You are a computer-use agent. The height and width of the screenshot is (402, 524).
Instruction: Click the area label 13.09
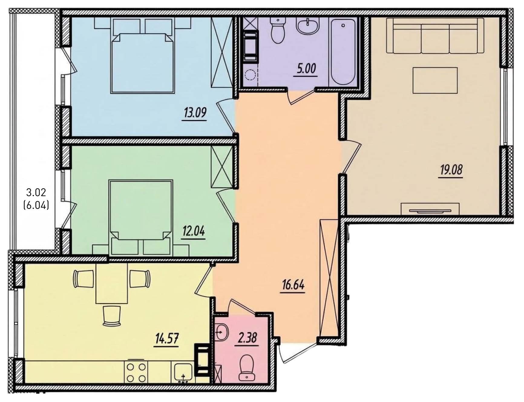coord(195,113)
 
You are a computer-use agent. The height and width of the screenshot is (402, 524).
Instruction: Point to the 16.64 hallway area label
coord(293,285)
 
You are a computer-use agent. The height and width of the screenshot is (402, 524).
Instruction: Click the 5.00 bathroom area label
coord(306,69)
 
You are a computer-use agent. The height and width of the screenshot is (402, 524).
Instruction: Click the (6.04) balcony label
coord(36,206)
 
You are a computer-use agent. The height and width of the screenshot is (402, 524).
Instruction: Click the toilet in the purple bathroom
coord(277,30)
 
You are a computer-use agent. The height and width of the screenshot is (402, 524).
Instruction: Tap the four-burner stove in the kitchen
coord(136,372)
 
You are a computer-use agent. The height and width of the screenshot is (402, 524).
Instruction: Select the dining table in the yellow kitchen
coord(112,283)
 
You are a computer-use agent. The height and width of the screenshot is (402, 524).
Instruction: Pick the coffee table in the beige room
coord(435,81)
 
